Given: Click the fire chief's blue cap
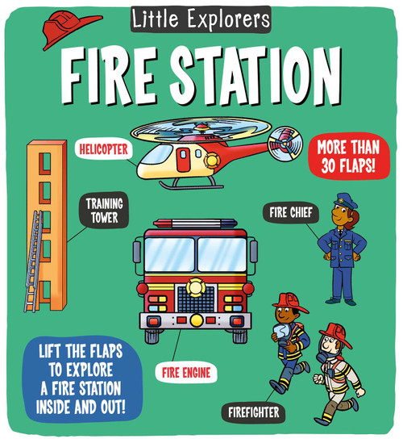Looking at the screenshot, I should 342,199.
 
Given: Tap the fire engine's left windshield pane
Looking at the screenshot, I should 169,253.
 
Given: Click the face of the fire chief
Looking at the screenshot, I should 343,213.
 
